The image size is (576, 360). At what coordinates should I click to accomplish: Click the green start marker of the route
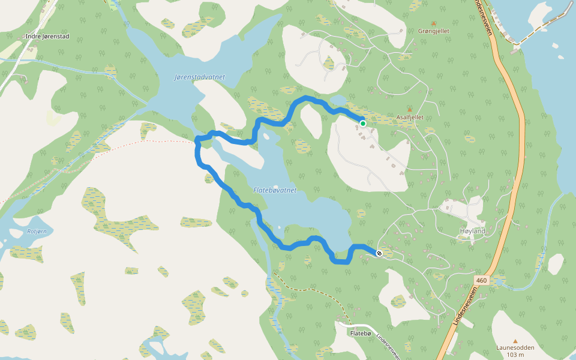pos(363,124)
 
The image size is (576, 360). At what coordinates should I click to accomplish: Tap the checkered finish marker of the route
pos(379,253)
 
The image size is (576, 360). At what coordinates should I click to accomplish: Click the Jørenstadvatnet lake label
pos(200,77)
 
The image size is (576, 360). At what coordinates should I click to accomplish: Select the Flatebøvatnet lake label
pos(275,190)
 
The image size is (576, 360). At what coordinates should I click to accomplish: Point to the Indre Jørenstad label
pos(47,37)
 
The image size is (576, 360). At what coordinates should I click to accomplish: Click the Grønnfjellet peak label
pos(433,31)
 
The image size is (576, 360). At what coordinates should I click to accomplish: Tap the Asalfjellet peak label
pos(410,118)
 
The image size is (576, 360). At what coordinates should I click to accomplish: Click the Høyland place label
pos(472,231)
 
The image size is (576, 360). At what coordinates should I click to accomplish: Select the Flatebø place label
pos(361,333)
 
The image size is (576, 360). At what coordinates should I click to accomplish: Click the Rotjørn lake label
pos(36,231)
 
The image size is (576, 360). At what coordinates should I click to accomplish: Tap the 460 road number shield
pos(481,280)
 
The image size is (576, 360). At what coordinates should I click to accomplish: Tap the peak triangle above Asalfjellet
pos(410,110)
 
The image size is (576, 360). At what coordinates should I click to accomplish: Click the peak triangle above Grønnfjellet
pos(433,23)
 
